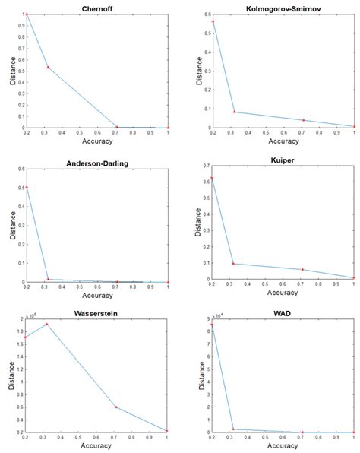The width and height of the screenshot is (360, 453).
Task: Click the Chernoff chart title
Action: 97,8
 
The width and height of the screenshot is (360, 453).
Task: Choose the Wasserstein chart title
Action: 97,312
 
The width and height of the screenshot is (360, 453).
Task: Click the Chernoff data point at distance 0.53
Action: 49,68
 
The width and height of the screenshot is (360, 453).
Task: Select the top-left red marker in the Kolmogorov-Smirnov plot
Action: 213,22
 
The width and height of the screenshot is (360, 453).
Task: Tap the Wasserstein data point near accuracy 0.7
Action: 116,407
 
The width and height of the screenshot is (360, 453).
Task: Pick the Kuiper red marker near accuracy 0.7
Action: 302,269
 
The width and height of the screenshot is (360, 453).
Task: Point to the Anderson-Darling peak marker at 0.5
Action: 27,187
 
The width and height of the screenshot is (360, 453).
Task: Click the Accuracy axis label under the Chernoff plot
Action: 97,141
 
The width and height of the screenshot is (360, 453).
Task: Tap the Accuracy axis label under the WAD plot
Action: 283,446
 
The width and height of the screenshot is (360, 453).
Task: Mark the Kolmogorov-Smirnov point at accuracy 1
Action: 354,126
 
